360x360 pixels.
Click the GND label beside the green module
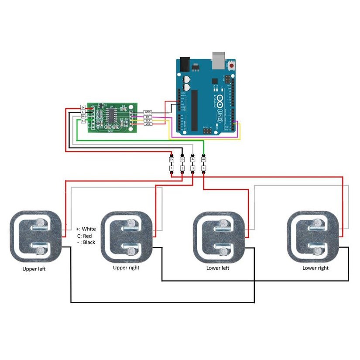pos(147,113)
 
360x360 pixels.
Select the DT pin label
pos(147,117)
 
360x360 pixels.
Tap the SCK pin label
pos(147,121)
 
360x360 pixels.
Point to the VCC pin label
pos(147,125)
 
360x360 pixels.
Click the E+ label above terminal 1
pos(171,160)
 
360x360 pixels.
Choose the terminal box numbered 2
pos(182,168)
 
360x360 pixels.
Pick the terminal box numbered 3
pos(193,168)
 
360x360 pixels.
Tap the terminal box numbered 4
pos(204,168)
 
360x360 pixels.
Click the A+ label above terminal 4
pos(204,160)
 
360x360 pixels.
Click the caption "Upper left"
pos(34,269)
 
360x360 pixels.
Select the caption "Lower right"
pos(315,268)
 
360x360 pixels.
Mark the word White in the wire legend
pos(89,229)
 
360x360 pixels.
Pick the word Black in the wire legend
pos(89,242)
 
